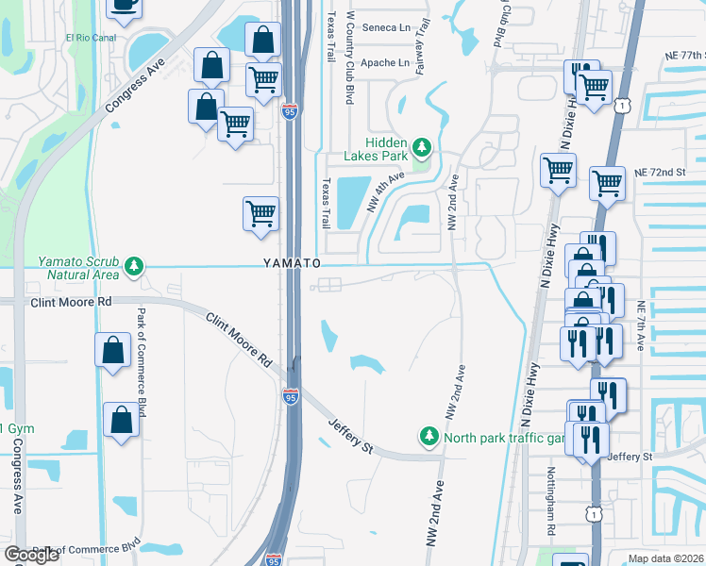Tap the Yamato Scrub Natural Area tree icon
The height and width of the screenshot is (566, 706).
(136, 267)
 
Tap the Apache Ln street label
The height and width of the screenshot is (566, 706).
(386, 63)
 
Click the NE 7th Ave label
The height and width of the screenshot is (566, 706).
(641, 326)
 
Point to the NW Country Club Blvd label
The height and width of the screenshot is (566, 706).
(349, 57)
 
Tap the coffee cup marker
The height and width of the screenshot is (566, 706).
(124, 5)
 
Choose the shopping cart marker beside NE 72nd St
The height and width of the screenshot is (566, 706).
(607, 183)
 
